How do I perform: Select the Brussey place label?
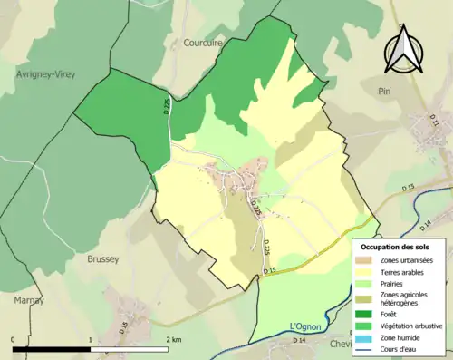102,258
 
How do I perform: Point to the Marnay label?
29,299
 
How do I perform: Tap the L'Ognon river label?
305,326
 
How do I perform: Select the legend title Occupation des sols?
398,246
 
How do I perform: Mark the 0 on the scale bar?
13,339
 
